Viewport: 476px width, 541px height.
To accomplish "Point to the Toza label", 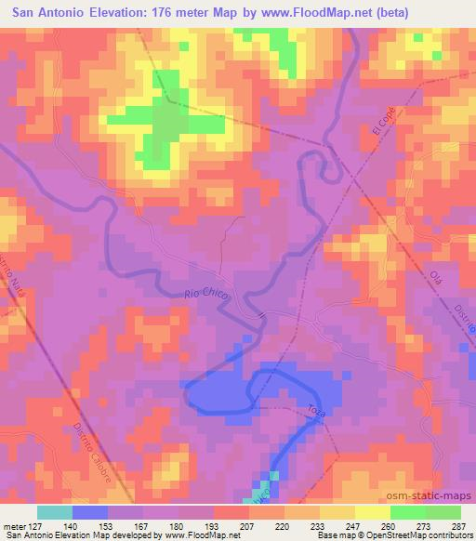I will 312,410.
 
